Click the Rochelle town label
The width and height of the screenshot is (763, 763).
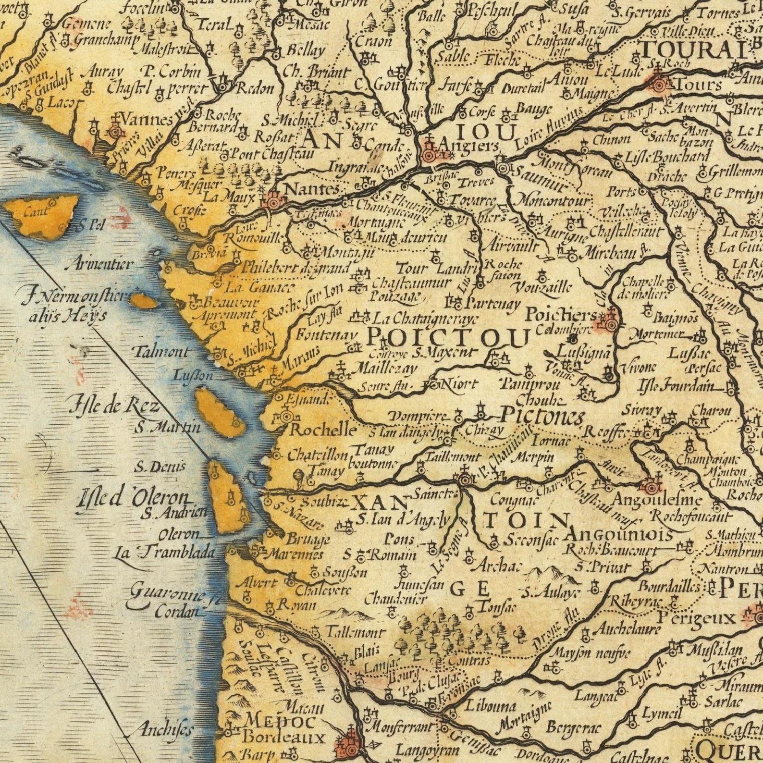pyautogui.click(x=323, y=429)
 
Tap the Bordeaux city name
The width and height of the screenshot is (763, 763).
pyautogui.click(x=283, y=737)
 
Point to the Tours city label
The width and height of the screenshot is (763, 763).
pyautogui.click(x=698, y=85)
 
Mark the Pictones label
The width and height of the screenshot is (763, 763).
pyautogui.click(x=542, y=416)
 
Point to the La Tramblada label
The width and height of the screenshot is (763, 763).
pyautogui.click(x=164, y=552)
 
